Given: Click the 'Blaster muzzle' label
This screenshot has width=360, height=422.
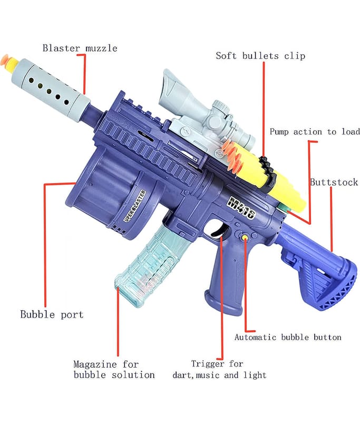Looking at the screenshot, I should click(x=79, y=49).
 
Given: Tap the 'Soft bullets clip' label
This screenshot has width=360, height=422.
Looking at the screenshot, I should click(x=260, y=56).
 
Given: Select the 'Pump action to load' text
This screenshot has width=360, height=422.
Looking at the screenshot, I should click(x=315, y=132).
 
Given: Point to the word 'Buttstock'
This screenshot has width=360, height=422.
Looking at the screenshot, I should click(x=334, y=183).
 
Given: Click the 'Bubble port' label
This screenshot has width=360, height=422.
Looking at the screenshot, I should click(x=52, y=314).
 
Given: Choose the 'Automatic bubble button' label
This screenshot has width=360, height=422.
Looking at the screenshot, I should click(x=288, y=337).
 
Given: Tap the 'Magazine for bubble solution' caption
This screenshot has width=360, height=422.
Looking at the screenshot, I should click(x=114, y=369).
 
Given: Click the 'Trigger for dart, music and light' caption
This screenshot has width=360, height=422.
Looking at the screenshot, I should click(x=219, y=369).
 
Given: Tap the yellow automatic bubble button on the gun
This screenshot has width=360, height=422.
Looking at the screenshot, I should click(x=246, y=238).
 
